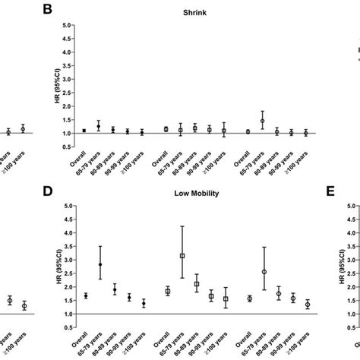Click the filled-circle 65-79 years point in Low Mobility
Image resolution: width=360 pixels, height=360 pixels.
pyautogui.click(x=99, y=264)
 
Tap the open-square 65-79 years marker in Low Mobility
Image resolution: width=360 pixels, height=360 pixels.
pyautogui.click(x=182, y=256)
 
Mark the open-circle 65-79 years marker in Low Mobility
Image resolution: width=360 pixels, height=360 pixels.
pyautogui.click(x=263, y=271)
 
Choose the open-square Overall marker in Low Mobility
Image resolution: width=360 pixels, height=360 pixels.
pyautogui.click(x=167, y=291)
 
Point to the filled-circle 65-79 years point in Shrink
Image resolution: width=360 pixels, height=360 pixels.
pyautogui.click(x=99, y=126)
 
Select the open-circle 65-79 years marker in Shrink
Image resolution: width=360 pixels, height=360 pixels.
pyautogui.click(x=263, y=121)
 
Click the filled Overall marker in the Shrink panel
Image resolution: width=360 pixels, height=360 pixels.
pyautogui.click(x=84, y=131)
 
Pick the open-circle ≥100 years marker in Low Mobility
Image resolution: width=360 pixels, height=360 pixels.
pyautogui.click(x=307, y=304)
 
